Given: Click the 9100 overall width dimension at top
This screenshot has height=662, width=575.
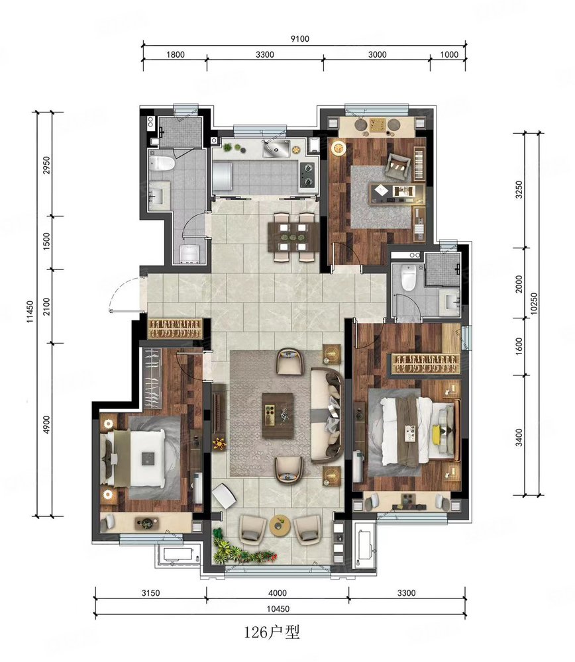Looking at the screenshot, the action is click(299, 38).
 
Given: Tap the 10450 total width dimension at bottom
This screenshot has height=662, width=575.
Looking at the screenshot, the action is click(278, 609).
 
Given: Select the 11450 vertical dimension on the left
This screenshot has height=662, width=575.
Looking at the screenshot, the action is click(30, 312).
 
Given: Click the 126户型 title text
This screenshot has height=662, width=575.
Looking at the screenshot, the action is click(272, 632).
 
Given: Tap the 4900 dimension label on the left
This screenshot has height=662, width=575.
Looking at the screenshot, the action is click(46, 424).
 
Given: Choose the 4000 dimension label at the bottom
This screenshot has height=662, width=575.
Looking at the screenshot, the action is click(277, 592).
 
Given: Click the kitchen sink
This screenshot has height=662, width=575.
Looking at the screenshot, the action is click(276, 148).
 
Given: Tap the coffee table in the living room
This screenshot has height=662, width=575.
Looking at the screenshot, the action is click(278, 416).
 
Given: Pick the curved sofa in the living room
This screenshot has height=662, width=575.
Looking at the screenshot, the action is click(327, 416).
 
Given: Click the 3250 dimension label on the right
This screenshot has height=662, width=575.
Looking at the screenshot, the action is click(519, 189).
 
